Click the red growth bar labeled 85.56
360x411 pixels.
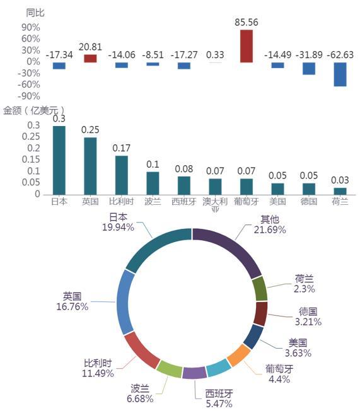pos(247,46)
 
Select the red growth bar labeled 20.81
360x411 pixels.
pos(90,59)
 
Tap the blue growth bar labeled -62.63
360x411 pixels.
pos(340,74)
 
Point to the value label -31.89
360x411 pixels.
pos(309,55)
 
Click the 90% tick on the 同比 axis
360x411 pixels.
pos(31,27)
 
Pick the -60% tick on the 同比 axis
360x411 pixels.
pos(29,84)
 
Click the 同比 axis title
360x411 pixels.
pos(35,13)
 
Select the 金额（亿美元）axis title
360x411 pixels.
pos(33,110)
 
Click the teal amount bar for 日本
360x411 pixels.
pos(59,160)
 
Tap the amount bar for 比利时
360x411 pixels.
pos(122,175)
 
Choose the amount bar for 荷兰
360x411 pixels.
pos(340,192)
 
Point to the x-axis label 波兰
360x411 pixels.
pos(153,201)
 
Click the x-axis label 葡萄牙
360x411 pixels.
pos(247,201)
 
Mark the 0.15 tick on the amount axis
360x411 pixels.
pos(31,159)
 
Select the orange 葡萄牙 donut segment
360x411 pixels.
pos(238,355)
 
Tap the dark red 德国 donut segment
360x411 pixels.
pos(260,314)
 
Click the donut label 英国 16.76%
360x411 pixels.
pos(73,301)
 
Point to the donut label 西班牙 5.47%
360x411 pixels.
pos(219,398)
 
